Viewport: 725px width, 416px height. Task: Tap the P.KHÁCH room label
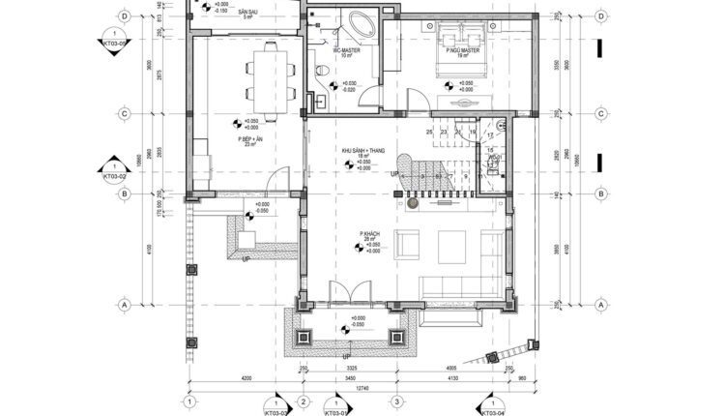(367, 234)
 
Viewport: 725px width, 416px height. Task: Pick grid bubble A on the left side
(125, 305)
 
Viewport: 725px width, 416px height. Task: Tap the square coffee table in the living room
(453, 247)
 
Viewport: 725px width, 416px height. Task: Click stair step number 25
(428, 132)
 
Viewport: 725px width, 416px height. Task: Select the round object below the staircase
(411, 204)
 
